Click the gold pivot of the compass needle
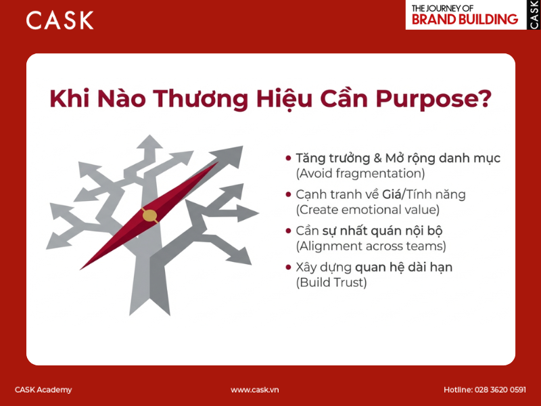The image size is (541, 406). (149, 216)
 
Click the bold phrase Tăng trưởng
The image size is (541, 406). (333, 158)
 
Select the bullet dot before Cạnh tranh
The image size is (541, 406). (289, 195)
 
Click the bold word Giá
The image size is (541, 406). (393, 195)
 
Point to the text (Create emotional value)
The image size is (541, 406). (367, 210)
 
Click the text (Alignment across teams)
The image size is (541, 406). (371, 246)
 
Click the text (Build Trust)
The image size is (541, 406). (331, 283)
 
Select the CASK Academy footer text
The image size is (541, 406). (43, 390)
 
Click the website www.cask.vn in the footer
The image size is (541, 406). (255, 390)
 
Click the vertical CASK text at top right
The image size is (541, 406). (534, 14)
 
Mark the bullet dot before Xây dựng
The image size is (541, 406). (289, 268)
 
